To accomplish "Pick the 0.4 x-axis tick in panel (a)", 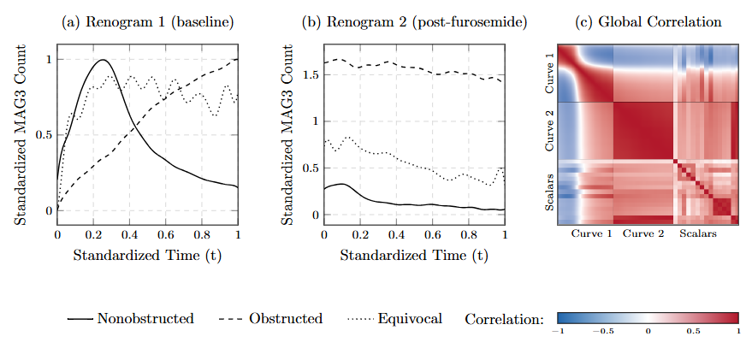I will [x=129, y=233].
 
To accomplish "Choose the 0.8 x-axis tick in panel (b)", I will [x=468, y=233].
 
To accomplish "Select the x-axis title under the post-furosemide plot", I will [x=414, y=254].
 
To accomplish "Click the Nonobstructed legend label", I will [x=145, y=319].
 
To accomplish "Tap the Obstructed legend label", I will [x=286, y=319].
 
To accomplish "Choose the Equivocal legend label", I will [x=410, y=319].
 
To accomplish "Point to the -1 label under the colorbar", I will [x=559, y=329].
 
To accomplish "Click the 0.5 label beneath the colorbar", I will [x=693, y=329].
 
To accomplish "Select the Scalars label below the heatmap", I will [x=698, y=233].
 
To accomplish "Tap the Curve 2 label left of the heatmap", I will [x=550, y=131].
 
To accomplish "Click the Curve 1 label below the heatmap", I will [x=590, y=233].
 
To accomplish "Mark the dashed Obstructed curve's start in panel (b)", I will [x=324, y=62].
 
